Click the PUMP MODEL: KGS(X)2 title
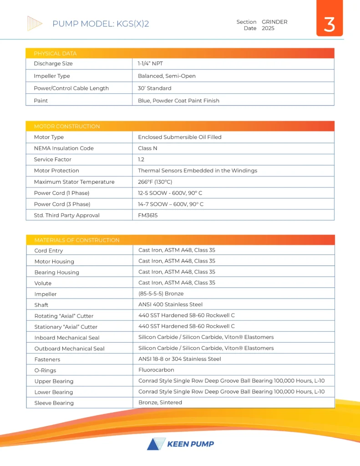click(101, 24)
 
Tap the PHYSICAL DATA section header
click(55, 53)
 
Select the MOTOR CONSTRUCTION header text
click(67, 126)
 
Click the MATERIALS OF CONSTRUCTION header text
click(76, 240)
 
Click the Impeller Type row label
click(52, 76)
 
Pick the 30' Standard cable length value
click(154, 88)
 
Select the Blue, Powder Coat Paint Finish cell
click(178, 101)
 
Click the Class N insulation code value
click(148, 148)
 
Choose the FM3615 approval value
click(148, 215)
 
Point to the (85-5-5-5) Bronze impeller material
click(161, 294)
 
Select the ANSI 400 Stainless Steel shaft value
click(170, 304)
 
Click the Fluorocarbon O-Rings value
click(156, 370)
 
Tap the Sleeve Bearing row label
click(54, 403)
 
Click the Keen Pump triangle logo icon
click(154, 444)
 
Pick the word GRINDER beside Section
click(274, 22)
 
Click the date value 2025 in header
click(268, 28)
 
